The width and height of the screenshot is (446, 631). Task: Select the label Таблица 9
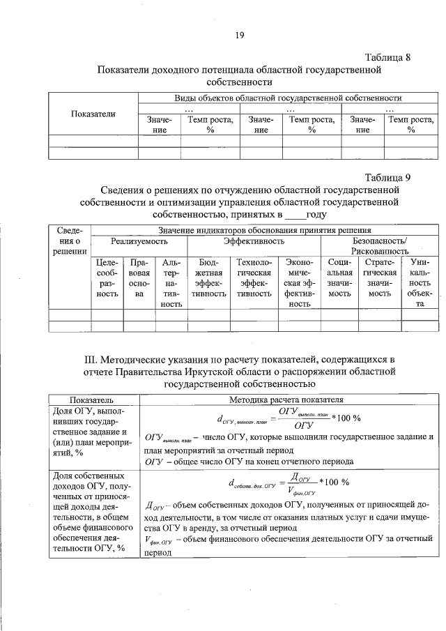tap(387, 177)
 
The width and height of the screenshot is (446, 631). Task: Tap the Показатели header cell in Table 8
tap(93, 114)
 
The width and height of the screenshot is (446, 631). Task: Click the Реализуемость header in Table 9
tap(139, 241)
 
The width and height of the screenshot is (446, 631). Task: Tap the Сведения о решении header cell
tap(69, 241)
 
